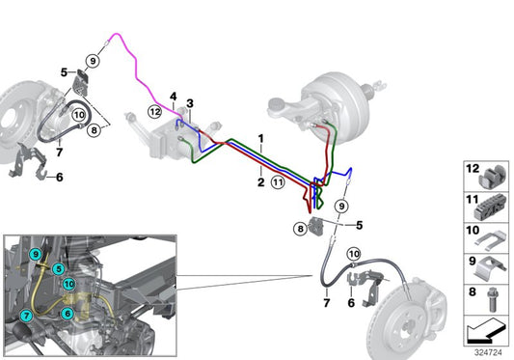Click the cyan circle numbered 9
36,255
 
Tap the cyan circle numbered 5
59,269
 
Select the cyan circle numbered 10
68,284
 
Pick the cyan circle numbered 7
26,316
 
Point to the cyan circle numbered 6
68,314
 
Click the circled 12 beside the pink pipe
154,112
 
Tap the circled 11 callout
278,181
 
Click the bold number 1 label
261,139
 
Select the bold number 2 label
261,182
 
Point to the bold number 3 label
190,103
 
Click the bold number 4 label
173,97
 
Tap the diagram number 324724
488,352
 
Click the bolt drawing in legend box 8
492,299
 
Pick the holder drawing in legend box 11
490,208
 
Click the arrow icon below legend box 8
486,331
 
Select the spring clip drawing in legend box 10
489,238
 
